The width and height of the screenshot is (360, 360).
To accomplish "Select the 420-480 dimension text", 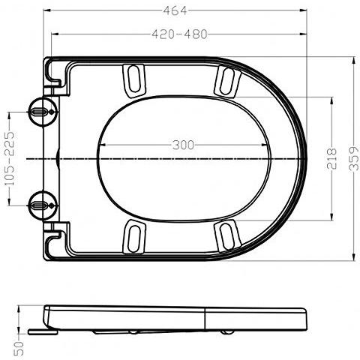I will click(x=178, y=34).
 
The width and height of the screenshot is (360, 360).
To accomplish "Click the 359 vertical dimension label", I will click(x=352, y=158).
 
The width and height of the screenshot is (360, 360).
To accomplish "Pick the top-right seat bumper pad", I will click(x=226, y=80).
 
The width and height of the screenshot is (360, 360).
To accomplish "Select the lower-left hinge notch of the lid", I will click(x=55, y=238).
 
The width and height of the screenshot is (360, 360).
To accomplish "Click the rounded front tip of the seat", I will click(x=306, y=158).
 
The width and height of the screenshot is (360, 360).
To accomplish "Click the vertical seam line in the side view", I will click(x=206, y=319).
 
